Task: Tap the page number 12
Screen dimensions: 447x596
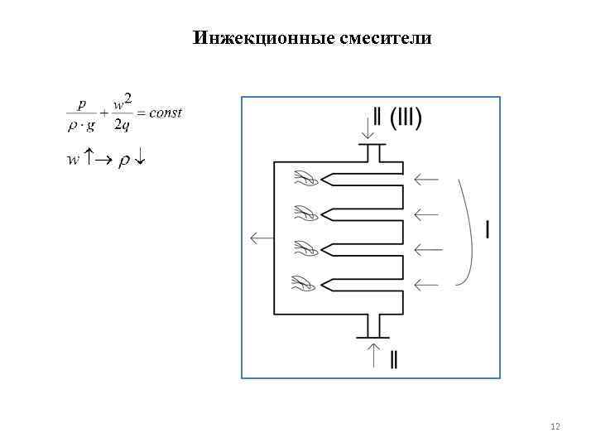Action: click(x=555, y=426)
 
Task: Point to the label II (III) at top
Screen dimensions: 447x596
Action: click(x=397, y=118)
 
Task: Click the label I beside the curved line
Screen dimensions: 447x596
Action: click(x=488, y=229)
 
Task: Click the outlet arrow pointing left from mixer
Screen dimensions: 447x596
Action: click(x=262, y=238)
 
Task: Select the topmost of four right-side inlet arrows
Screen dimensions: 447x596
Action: click(x=426, y=177)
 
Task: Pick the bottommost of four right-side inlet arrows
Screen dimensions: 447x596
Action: click(x=426, y=285)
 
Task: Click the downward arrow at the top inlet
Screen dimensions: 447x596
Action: click(x=367, y=128)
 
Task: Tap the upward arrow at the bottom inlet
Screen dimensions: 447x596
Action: click(x=374, y=353)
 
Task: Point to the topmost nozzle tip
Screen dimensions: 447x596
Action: click(x=324, y=178)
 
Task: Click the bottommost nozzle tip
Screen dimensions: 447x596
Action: click(x=324, y=286)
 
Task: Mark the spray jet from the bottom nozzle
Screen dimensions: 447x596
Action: click(x=304, y=286)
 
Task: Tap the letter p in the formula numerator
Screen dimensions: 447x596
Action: click(x=81, y=103)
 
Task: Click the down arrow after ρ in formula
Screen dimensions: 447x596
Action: click(x=140, y=160)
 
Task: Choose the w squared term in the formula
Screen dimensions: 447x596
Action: click(x=123, y=103)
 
